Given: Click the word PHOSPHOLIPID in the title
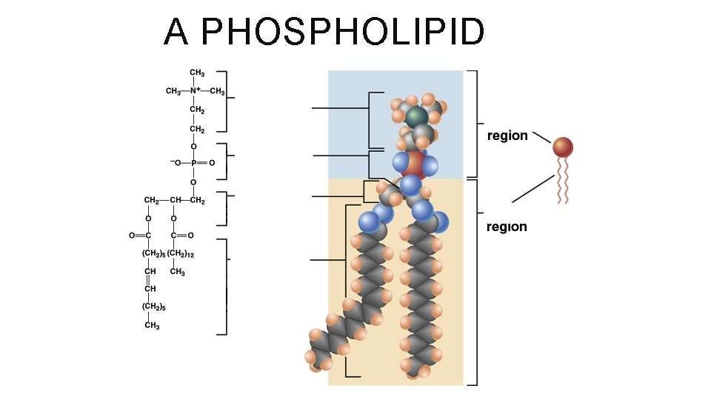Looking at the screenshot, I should coord(343,32).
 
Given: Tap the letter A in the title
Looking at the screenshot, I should coord(177,32).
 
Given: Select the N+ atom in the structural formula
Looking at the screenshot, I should coord(196,91).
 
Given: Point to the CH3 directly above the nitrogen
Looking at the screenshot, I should coord(197,73).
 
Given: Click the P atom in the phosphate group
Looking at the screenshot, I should coord(193,163).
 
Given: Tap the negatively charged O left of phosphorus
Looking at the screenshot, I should coord(175,163).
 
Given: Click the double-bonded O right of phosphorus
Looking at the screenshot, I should coord(213,163).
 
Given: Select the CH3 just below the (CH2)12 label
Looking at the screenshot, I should coord(177,272).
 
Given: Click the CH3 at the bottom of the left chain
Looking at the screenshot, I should coord(152,325).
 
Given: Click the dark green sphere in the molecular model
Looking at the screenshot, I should coord(416,116).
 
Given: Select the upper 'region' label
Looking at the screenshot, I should coord(507,136).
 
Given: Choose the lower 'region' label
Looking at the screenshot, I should coord(507,227).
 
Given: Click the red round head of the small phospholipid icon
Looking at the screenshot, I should coord(562,147).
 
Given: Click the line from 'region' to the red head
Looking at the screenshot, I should coord(541,138).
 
